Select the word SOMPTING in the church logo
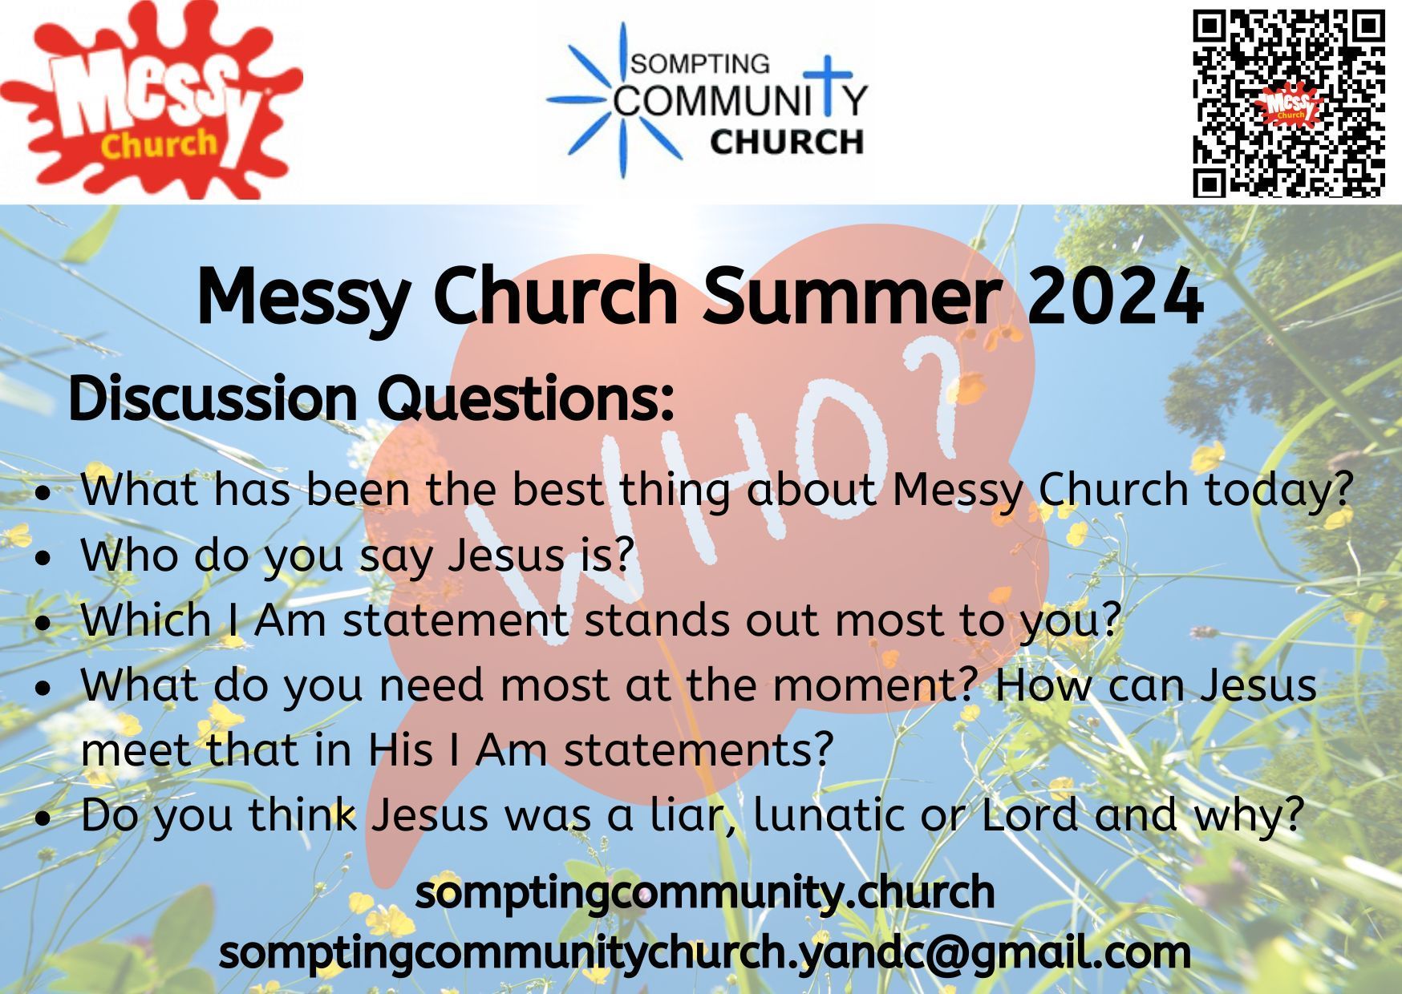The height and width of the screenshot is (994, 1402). point(700,63)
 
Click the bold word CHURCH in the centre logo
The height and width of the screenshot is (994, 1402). point(786,142)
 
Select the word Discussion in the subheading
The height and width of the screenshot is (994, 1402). point(213,398)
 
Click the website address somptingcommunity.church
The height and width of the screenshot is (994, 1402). point(705,894)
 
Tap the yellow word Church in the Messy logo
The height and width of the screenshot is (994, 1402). point(159,143)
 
